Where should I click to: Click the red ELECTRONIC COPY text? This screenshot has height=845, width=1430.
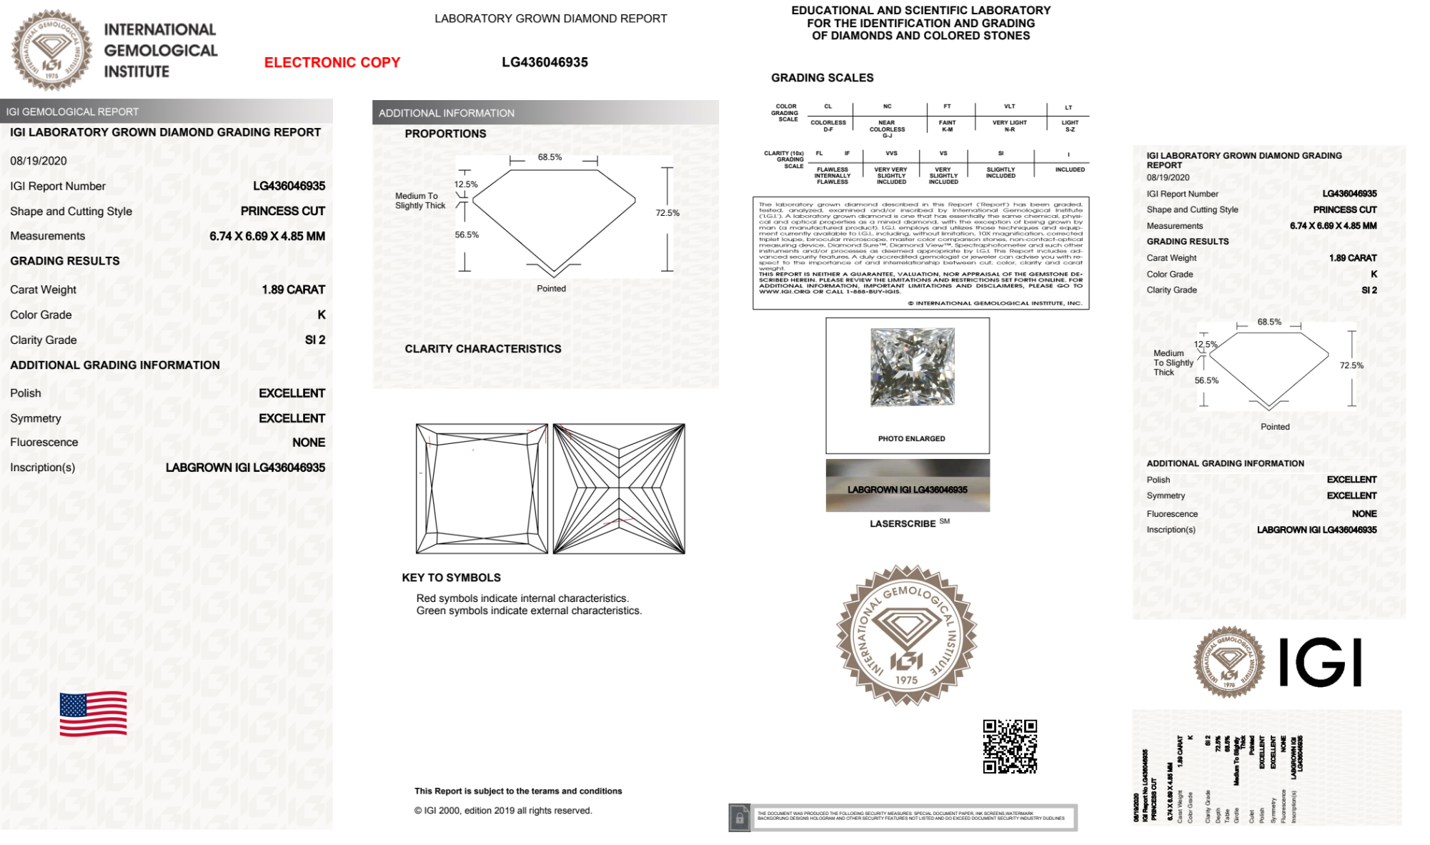pyautogui.click(x=332, y=63)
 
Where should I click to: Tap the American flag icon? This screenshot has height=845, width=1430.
pyautogui.click(x=94, y=713)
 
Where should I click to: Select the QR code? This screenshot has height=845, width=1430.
pyautogui.click(x=1009, y=746)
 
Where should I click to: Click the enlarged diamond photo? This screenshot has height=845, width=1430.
pyautogui.click(x=912, y=367)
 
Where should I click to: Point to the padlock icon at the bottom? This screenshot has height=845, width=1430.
pyautogui.click(x=740, y=818)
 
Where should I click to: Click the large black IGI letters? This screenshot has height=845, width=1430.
pyautogui.click(x=1319, y=663)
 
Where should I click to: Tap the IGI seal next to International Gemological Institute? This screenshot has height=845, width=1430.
pyautogui.click(x=51, y=50)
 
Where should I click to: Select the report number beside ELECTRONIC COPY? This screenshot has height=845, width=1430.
pyautogui.click(x=545, y=63)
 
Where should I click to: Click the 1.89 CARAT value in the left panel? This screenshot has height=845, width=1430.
pyautogui.click(x=293, y=290)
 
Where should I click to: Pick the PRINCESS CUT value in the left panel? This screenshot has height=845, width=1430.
pyautogui.click(x=282, y=211)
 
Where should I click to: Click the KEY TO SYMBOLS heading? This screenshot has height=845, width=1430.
pyautogui.click(x=451, y=578)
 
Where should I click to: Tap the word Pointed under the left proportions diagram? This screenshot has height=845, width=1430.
pyautogui.click(x=551, y=289)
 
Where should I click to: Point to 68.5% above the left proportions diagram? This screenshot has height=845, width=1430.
pyautogui.click(x=550, y=157)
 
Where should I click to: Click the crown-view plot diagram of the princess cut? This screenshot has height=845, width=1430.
pyautogui.click(x=482, y=489)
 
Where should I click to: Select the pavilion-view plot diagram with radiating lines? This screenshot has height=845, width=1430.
pyautogui.click(x=619, y=489)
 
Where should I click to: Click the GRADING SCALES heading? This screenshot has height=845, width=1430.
pyautogui.click(x=822, y=78)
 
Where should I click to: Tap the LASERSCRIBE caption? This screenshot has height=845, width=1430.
pyautogui.click(x=903, y=524)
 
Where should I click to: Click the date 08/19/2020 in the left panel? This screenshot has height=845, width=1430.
pyautogui.click(x=39, y=161)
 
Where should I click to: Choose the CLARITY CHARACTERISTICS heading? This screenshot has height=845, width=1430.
pyautogui.click(x=483, y=349)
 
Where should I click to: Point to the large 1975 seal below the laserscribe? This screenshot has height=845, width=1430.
pyautogui.click(x=906, y=635)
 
